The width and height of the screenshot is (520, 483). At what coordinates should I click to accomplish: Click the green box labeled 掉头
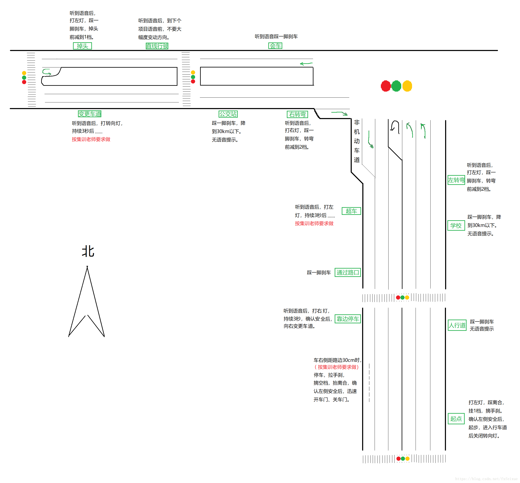tap(82, 46)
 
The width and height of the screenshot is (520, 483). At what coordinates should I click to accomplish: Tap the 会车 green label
tap(275, 46)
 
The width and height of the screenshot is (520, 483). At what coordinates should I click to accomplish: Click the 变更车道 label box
tap(90, 114)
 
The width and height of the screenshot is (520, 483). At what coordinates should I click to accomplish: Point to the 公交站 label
tap(228, 114)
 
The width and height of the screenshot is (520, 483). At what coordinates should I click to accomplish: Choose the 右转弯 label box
tap(297, 114)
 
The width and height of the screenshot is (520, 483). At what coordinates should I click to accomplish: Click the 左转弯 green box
tap(456, 180)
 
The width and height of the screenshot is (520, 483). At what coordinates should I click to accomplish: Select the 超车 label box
tap(351, 211)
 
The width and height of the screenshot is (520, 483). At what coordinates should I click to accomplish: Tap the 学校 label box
tap(456, 225)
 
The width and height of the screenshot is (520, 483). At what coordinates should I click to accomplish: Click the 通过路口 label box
tap(348, 272)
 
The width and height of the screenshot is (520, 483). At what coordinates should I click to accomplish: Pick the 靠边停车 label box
tap(348, 319)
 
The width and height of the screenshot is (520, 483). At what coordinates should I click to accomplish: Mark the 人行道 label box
tap(457, 325)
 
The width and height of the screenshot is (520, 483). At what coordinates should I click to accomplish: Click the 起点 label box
tap(456, 419)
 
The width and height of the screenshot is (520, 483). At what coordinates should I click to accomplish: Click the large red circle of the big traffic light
tap(385, 86)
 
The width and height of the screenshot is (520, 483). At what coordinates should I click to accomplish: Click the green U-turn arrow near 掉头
tap(47, 72)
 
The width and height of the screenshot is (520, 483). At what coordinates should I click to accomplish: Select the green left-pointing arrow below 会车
tap(306, 63)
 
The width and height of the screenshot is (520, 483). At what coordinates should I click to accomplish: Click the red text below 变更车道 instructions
tap(91, 139)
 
